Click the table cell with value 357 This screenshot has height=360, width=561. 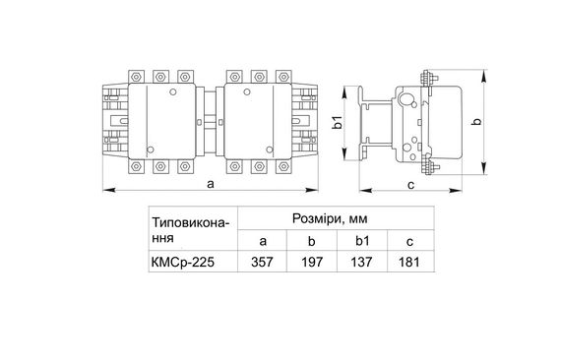[263, 264]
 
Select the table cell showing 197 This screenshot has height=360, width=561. [311, 264]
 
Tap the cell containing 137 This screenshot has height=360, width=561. [360, 264]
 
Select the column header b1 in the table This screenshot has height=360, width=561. [360, 240]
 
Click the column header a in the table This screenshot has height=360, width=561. [263, 240]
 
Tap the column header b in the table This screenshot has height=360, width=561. [311, 240]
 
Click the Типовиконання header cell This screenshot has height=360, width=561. [191, 229]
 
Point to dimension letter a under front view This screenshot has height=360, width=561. [211, 182]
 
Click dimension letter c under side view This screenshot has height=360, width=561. [408, 182]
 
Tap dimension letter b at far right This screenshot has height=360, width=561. [476, 122]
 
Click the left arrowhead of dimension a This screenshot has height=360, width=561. [104, 189]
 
